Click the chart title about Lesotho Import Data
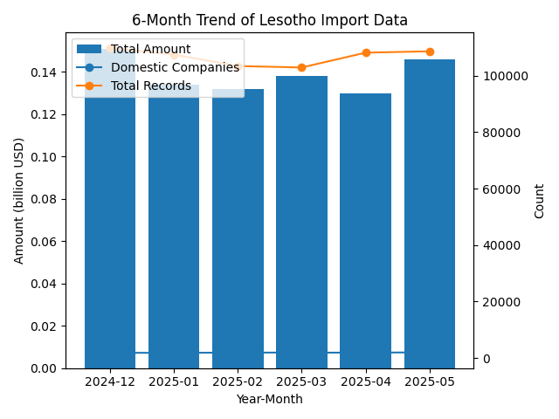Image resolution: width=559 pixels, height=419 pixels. coord(270,20)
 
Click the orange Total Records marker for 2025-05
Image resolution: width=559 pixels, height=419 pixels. coord(430,52)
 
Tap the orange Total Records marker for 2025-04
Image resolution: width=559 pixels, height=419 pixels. coord(366,52)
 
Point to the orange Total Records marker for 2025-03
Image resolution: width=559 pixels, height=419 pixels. coord(301,67)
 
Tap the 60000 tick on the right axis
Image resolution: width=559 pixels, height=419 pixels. coord(499,189)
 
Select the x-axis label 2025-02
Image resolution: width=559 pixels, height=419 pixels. coord(238,382)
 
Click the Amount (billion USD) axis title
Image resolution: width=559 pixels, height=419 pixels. coord(19,201)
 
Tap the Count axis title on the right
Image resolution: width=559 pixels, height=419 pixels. coord(539,201)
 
